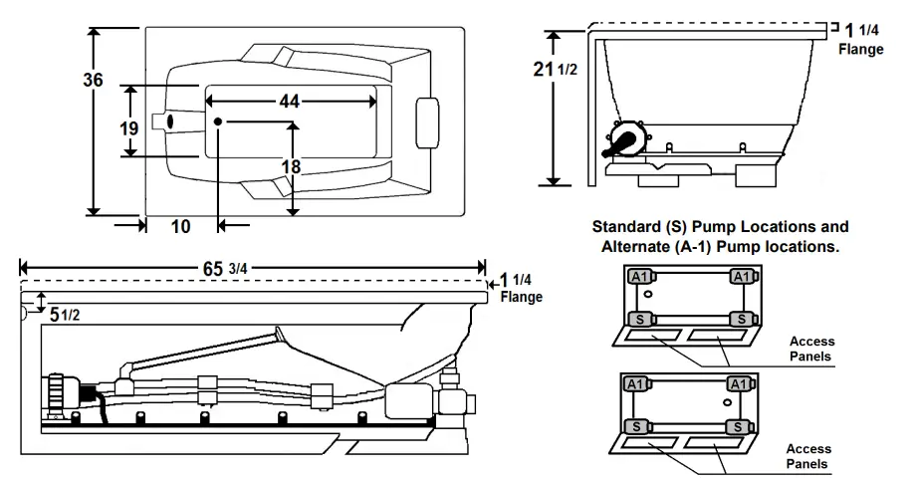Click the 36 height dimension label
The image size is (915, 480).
click(x=93, y=81)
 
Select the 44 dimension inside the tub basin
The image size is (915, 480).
click(x=290, y=102)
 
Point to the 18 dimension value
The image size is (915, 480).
click(x=290, y=166)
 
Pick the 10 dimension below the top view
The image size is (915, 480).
click(x=180, y=226)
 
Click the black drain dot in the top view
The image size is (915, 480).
click(x=217, y=121)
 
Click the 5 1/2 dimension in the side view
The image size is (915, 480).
click(x=64, y=314)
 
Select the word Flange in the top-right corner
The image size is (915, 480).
click(x=860, y=49)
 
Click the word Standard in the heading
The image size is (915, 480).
click(x=626, y=227)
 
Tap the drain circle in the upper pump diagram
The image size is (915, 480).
click(x=648, y=296)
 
